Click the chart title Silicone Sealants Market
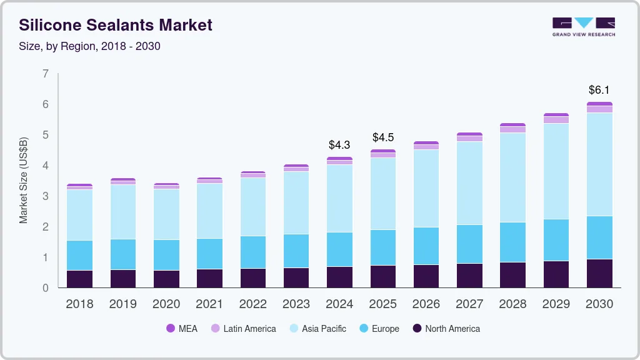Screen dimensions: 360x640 [116, 25]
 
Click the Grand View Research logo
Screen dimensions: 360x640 [583, 27]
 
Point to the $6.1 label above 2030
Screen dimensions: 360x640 [599, 90]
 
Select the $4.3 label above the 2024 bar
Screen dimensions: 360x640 [339, 145]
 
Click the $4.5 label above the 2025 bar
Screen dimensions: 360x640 [383, 137]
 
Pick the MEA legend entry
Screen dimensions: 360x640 [182, 329]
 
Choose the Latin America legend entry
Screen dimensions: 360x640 [243, 329]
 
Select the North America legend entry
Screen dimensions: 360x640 [446, 329]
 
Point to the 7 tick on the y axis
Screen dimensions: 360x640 [46, 74]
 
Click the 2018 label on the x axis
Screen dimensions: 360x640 [79, 304]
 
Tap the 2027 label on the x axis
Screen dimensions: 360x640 [469, 304]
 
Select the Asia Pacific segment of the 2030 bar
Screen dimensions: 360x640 [599, 164]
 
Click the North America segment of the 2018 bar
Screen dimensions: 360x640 [79, 279]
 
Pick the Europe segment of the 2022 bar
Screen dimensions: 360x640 [253, 252]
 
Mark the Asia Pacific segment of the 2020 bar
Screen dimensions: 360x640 [166, 214]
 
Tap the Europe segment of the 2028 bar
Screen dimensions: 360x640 [512, 242]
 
